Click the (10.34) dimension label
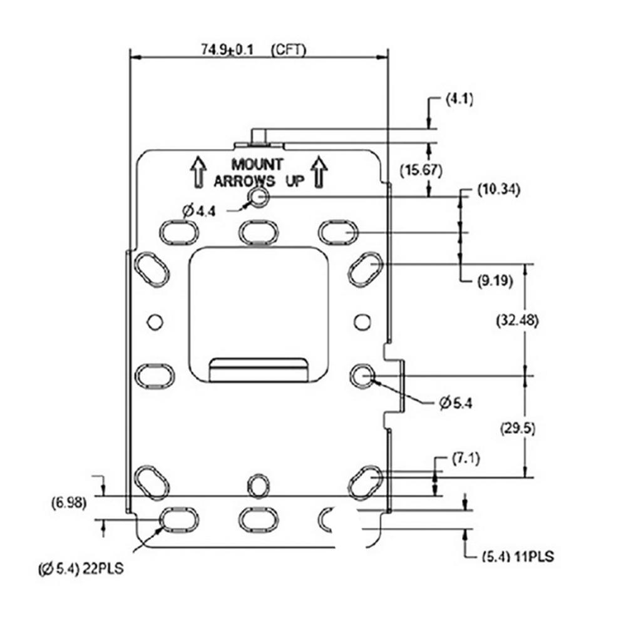tap(498, 188)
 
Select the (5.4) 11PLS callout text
tap(519, 556)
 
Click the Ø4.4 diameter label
tap(200, 211)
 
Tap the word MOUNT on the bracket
tap(257, 165)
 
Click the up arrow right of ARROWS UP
tap(319, 172)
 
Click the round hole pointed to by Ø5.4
tap(362, 375)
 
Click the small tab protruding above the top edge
tap(259, 136)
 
